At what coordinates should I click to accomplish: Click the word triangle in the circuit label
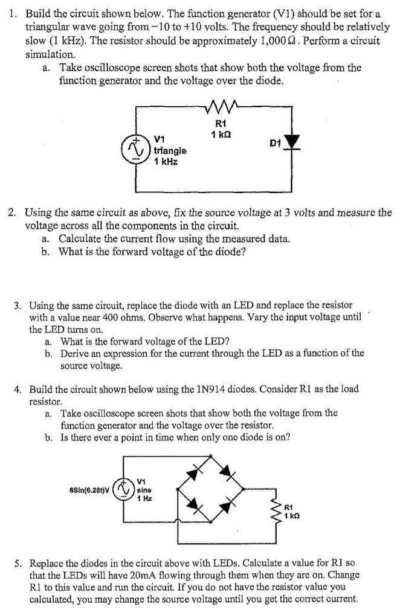(x=170, y=150)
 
